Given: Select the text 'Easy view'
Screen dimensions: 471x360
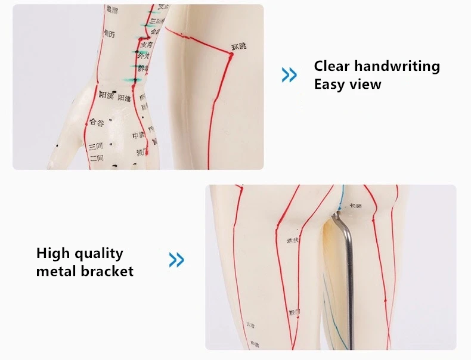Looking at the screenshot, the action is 347,84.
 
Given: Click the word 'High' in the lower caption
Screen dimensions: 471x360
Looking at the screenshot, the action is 54,253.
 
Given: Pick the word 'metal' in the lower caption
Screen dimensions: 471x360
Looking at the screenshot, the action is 56,271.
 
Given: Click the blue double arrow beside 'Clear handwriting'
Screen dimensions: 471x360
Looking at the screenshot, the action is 289,75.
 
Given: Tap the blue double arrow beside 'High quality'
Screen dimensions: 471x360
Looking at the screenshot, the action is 176,260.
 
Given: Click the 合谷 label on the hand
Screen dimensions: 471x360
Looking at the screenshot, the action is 97,122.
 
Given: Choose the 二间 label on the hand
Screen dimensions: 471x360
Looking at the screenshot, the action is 97,158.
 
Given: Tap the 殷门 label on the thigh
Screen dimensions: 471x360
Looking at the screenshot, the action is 295,312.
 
